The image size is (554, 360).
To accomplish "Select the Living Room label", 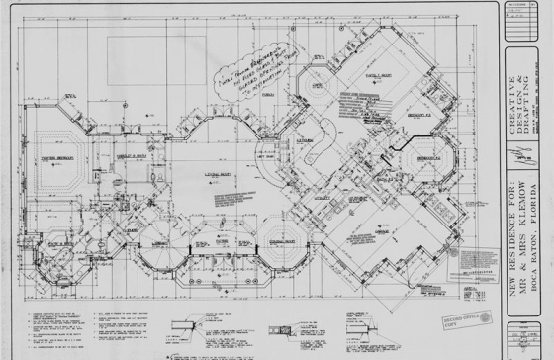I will pyautogui.click(x=218, y=174).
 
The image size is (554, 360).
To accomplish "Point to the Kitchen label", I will pyautogui.click(x=306, y=140).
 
